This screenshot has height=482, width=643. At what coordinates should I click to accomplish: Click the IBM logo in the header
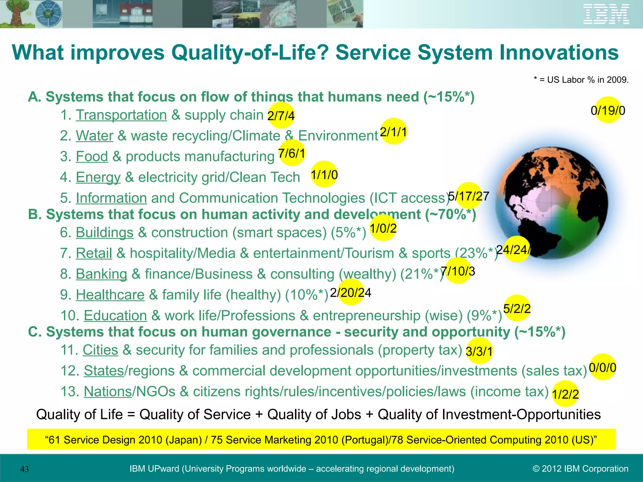point(606,14)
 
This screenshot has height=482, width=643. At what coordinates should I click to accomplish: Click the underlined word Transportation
point(121,115)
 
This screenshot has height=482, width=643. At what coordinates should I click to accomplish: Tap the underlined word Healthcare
point(110,295)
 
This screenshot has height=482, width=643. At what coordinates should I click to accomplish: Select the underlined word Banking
point(101,274)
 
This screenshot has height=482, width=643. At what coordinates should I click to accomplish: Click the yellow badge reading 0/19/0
point(608,110)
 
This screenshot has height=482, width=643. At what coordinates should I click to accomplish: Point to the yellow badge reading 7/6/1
point(292,153)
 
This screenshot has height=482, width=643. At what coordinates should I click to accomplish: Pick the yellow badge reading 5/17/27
point(468,196)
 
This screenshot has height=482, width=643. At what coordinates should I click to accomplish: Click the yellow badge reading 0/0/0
point(602,367)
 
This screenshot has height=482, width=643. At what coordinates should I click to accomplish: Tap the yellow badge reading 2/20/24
point(351,292)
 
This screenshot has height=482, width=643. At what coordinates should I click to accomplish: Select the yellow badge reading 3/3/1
point(479,351)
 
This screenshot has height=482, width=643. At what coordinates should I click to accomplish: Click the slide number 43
point(24,469)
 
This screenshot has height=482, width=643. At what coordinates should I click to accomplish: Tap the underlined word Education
point(115,316)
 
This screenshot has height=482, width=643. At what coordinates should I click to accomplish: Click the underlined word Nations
point(108,392)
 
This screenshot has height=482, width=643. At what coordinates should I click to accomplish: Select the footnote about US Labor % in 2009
point(581,80)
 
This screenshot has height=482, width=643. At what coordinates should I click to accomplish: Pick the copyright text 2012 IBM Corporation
point(581,469)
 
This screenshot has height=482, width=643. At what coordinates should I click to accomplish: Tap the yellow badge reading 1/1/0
point(324,174)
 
